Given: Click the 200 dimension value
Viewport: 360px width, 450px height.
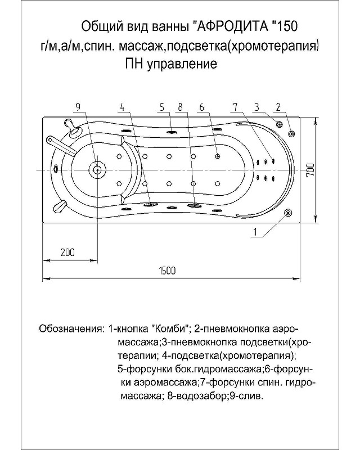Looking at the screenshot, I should pyautogui.click(x=67, y=253).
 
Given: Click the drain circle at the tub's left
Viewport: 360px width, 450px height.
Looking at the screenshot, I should pyautogui.click(x=97, y=169).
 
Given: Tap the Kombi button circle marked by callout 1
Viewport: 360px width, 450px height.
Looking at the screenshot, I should pyautogui.click(x=289, y=213).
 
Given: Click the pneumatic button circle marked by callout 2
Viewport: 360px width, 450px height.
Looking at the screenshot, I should pyautogui.click(x=291, y=133).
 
